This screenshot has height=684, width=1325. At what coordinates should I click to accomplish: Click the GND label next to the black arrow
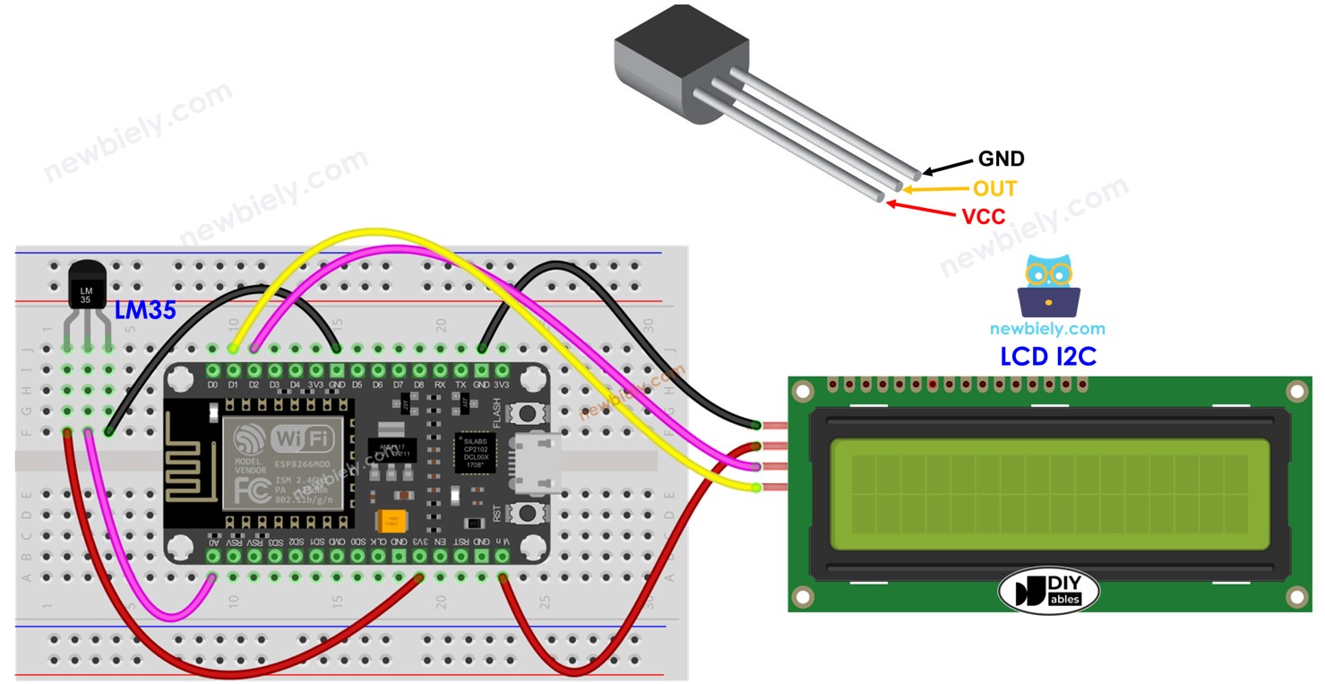(1001, 160)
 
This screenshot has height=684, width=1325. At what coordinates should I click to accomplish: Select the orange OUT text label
(994, 188)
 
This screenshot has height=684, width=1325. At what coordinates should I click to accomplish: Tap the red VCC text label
(983, 216)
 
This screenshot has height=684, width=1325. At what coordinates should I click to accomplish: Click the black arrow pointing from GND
(948, 166)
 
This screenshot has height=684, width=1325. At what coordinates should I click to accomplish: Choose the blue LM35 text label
(145, 311)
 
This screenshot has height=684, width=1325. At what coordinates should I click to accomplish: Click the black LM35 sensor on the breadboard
(87, 285)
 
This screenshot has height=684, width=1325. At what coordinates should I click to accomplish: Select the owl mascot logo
(1048, 285)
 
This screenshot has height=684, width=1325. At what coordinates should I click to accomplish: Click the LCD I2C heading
(1048, 357)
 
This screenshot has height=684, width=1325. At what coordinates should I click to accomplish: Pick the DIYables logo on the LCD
(1048, 591)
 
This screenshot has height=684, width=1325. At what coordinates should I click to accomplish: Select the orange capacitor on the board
(391, 521)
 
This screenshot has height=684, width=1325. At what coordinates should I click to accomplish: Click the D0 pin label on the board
(212, 385)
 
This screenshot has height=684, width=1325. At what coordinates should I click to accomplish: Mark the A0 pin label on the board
(212, 542)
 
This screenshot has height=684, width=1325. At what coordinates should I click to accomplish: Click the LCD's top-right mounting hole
(1295, 391)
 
